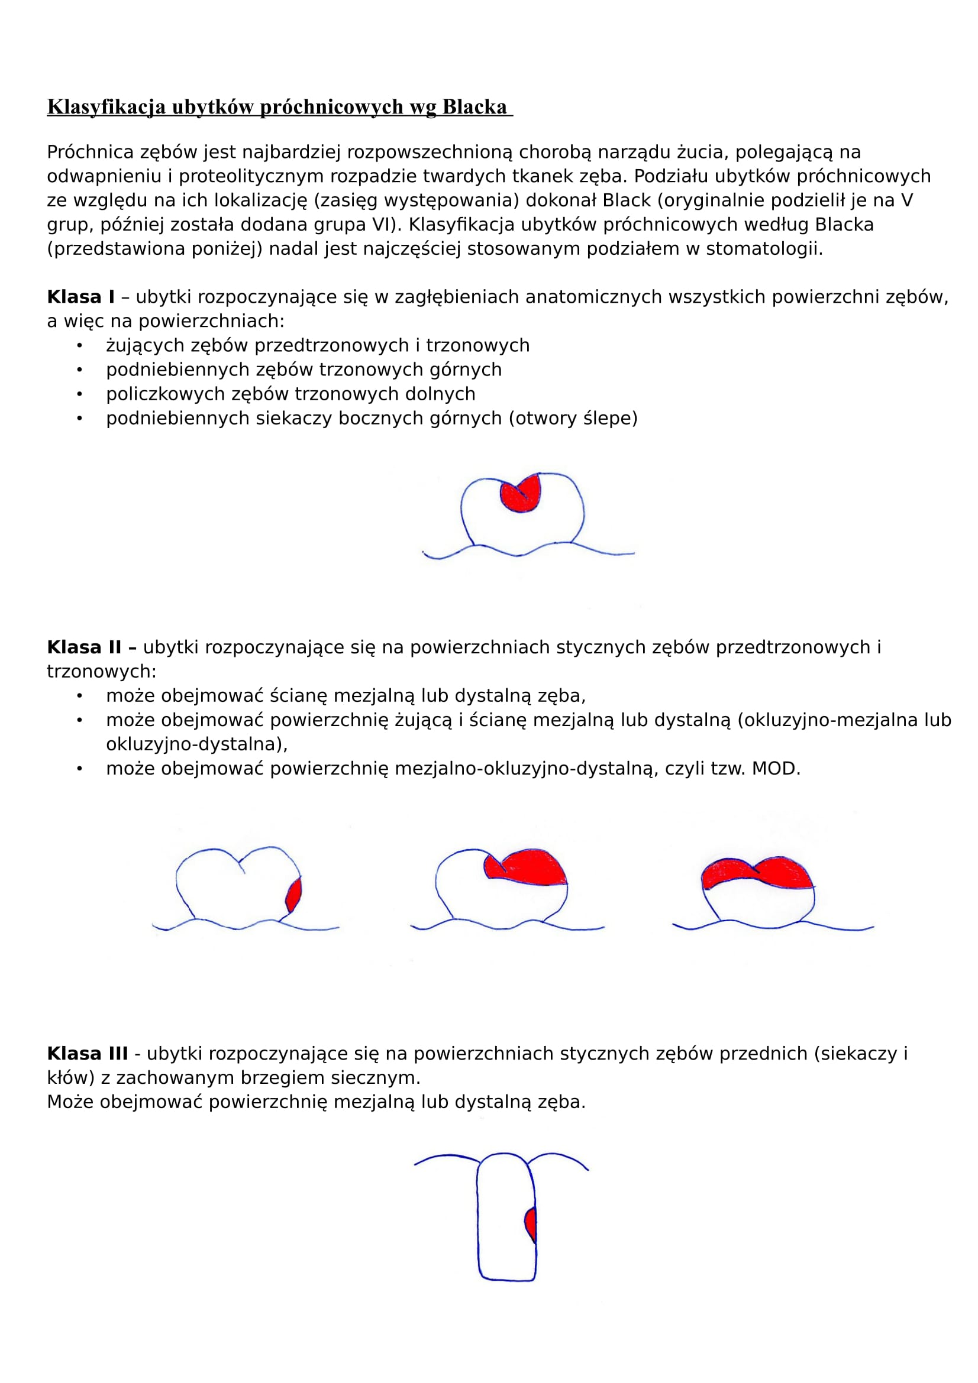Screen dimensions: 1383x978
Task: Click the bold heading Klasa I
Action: pos(80,297)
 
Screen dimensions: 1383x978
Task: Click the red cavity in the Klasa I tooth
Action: pos(519,495)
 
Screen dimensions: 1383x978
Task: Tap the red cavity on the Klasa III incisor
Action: pos(531,1223)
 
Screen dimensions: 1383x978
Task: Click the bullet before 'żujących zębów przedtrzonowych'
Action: pos(79,346)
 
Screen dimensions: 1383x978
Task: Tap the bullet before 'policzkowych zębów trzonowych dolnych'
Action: pos(79,394)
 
